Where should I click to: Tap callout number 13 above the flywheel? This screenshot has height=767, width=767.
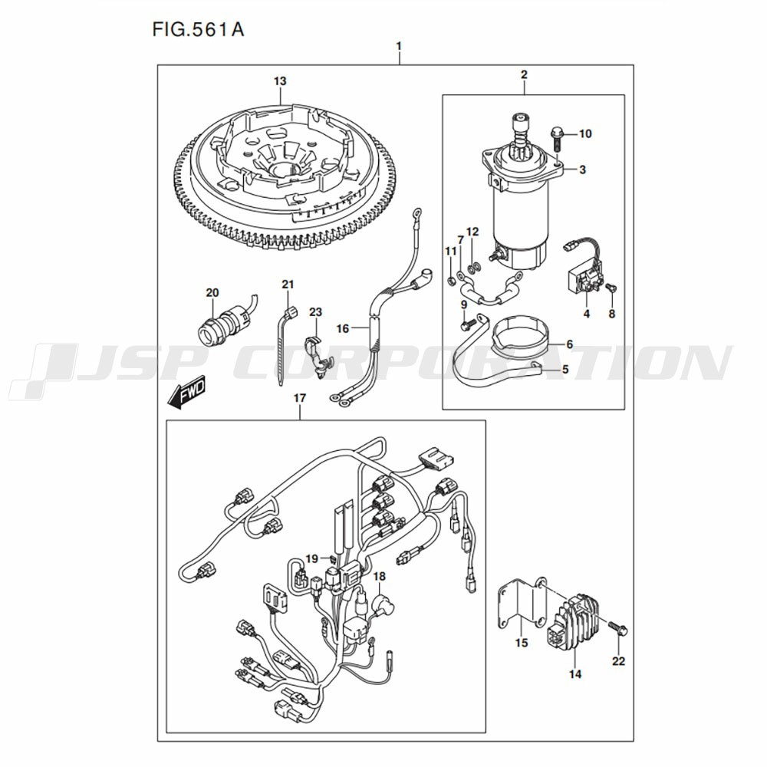pyautogui.click(x=280, y=81)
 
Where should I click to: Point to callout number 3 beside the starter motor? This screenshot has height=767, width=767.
pyautogui.click(x=582, y=170)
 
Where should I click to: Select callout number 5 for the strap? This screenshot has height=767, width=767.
pyautogui.click(x=565, y=369)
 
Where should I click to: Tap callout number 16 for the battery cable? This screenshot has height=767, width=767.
pyautogui.click(x=343, y=328)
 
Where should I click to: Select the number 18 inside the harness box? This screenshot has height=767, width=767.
pyautogui.click(x=380, y=576)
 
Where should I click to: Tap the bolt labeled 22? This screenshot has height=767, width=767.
pyautogui.click(x=619, y=630)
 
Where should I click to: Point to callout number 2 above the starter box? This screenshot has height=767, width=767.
pyautogui.click(x=524, y=74)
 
